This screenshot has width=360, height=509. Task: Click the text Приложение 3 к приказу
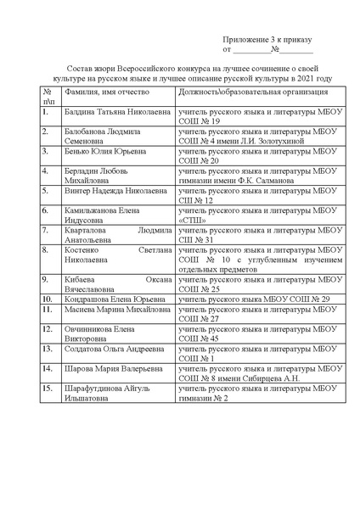267,40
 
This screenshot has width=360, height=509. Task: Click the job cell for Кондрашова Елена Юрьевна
254,299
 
